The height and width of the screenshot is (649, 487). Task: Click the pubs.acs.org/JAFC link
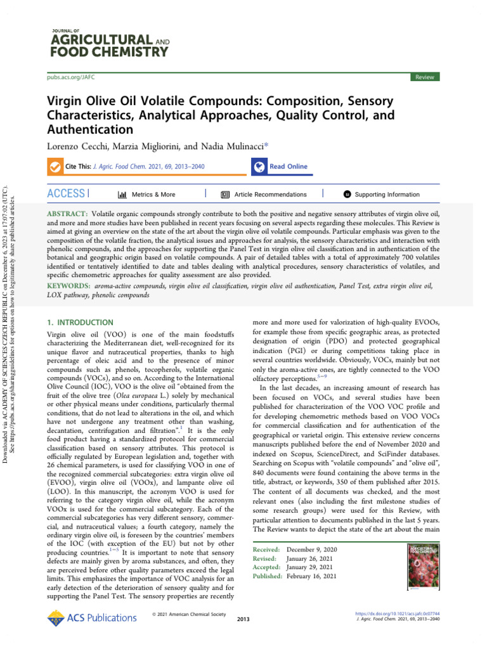click(x=70, y=77)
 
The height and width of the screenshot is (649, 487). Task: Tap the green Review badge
click(x=424, y=77)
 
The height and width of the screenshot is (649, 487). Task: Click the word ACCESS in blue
click(x=66, y=194)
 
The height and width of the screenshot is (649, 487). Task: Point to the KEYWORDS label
click(x=69, y=286)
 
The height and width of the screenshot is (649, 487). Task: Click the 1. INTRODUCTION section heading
click(x=81, y=323)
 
